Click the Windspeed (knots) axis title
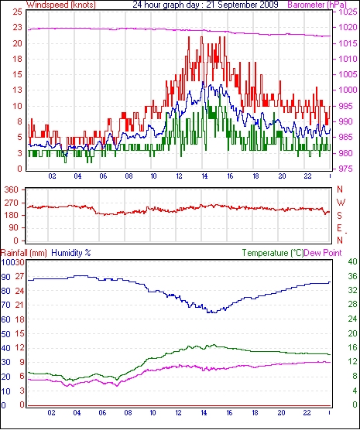click(x=61, y=5)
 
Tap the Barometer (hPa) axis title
click(x=317, y=5)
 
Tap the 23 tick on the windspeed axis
click(x=18, y=27)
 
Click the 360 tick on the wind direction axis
click(x=12, y=189)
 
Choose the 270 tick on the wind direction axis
click(x=12, y=203)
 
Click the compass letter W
click(x=341, y=203)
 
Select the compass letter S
click(x=340, y=216)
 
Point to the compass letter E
click(x=340, y=228)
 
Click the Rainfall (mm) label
click(x=24, y=253)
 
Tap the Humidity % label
click(x=71, y=253)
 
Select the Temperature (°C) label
click(x=273, y=253)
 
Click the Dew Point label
click(x=323, y=253)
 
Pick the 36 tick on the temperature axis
click(x=352, y=276)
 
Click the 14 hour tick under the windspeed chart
click(x=204, y=176)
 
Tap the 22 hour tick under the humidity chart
click(x=307, y=413)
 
